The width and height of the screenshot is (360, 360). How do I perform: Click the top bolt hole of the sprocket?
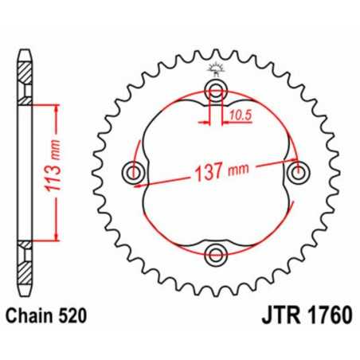tap(215, 88)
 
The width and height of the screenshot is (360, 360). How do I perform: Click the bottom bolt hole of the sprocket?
tap(215, 254)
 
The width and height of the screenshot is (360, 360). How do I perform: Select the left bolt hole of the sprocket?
tap(132, 171)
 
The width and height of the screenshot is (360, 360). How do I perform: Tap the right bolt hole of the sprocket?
tap(299, 171)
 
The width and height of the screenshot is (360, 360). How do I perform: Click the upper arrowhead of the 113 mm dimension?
tap(57, 109)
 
